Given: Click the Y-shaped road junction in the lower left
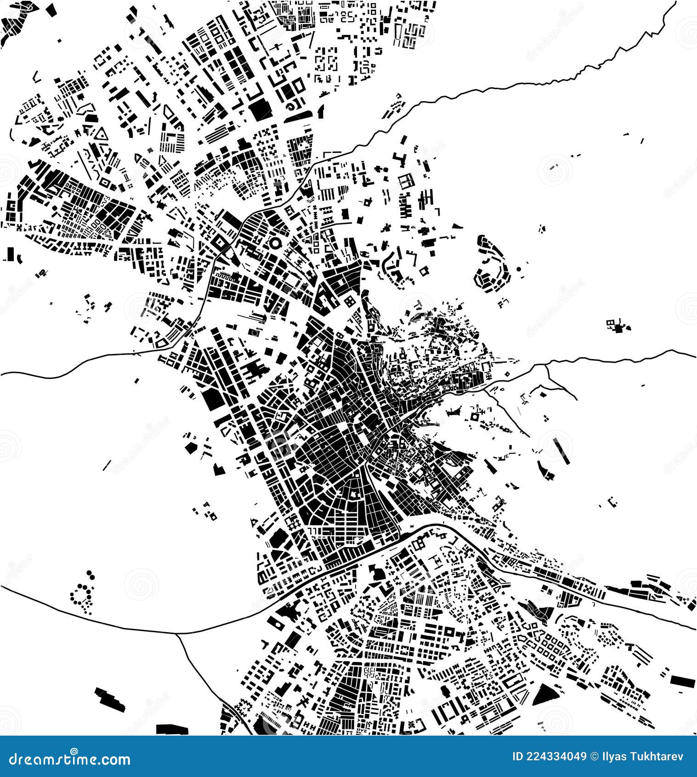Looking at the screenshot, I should tap(178, 634).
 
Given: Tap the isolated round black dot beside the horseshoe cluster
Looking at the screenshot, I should tap(519, 269).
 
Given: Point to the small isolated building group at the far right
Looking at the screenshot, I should tap(618, 326).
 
